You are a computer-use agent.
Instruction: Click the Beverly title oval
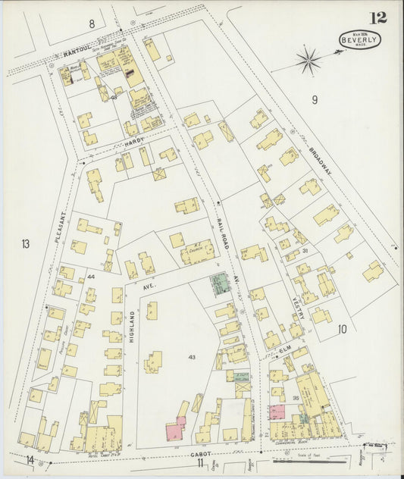[360, 39]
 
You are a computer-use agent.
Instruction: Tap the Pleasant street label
[61, 227]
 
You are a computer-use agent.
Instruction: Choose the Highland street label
[131, 327]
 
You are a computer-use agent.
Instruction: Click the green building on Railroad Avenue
[220, 285]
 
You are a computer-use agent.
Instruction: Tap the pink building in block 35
[275, 412]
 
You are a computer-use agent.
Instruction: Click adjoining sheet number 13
[26, 243]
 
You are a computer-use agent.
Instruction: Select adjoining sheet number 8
[92, 23]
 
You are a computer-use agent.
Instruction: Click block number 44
[91, 277]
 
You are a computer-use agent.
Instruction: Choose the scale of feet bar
[302, 459]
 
